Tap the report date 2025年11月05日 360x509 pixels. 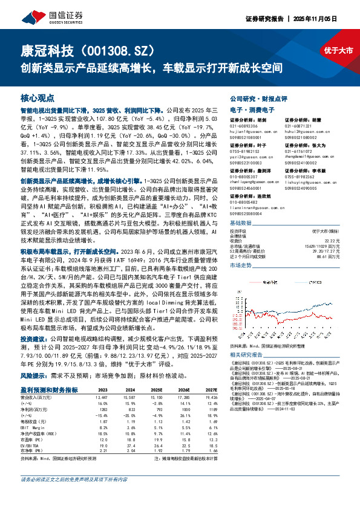pos(333,18)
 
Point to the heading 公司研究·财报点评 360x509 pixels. pos(256,97)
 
